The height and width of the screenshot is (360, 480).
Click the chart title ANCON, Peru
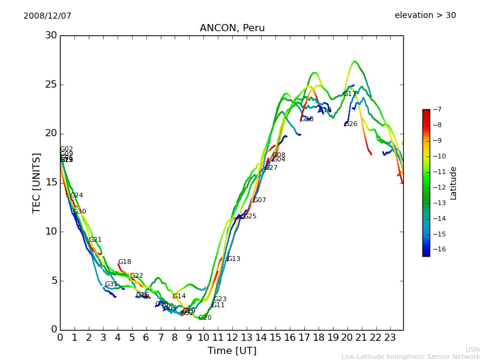coord(232,28)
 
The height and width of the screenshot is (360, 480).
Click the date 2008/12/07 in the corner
coord(47,16)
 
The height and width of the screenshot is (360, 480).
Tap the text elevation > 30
coord(425,16)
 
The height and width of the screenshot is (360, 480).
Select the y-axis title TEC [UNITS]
coord(37,182)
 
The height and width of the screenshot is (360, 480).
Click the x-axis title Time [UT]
coord(232,350)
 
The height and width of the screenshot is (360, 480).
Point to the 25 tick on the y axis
coord(50,85)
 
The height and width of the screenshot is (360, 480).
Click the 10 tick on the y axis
coord(50,232)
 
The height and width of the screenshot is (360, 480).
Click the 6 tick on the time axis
coord(146,337)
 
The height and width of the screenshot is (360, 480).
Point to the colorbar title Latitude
coord(454,182)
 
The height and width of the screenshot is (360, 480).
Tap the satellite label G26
coord(351,124)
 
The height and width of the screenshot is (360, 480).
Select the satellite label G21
coord(95,240)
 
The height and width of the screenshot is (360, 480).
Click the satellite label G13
coord(233,259)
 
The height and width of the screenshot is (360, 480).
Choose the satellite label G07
coord(259,200)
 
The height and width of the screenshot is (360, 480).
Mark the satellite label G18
coord(124,262)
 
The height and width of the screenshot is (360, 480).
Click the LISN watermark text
coord(472,349)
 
